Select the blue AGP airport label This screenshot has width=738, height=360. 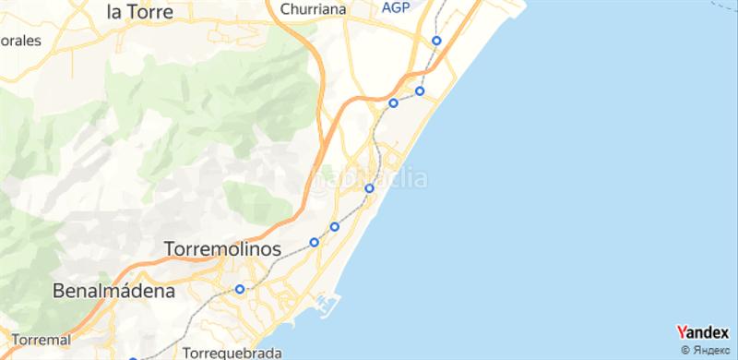click(396, 6)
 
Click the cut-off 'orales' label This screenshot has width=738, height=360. click(21, 42)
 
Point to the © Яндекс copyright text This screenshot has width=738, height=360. click(708, 350)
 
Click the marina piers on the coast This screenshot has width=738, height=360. click(325, 306)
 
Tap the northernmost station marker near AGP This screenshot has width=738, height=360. click(436, 41)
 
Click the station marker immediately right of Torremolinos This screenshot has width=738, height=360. click(314, 243)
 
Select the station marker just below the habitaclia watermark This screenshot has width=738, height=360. click(369, 188)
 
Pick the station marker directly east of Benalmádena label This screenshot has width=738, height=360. click(240, 289)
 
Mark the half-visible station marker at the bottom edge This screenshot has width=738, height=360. click(133, 358)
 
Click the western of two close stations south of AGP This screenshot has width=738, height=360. click(393, 102)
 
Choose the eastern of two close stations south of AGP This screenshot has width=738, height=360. click(420, 90)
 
